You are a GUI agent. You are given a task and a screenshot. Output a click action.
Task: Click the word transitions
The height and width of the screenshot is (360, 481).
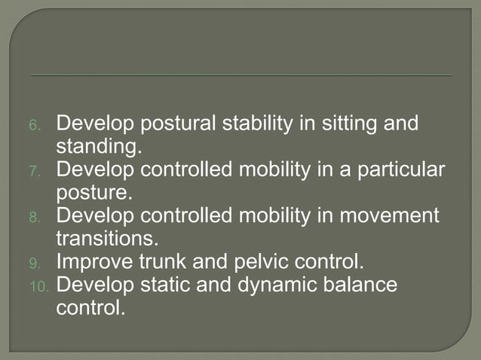(103, 239)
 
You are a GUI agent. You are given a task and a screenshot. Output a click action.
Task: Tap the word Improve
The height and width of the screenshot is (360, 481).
(94, 263)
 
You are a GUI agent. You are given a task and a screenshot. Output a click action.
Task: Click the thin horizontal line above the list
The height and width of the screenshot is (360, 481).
(241, 75)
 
